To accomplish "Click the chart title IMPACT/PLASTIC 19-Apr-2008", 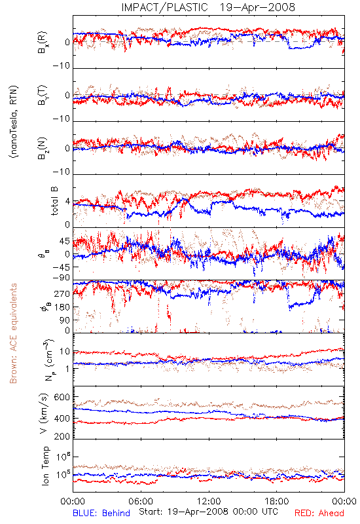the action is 208,7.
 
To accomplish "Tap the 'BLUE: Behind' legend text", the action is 101,513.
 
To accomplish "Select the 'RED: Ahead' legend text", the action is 319,513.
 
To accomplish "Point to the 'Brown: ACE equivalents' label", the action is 13,333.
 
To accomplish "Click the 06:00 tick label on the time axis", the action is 141,501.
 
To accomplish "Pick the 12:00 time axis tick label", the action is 209,501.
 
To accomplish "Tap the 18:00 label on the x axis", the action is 277,501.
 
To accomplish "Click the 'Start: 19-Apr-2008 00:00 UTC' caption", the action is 208,512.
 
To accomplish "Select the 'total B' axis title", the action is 54,201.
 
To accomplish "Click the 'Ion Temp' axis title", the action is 45,466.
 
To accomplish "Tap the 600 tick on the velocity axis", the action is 62,397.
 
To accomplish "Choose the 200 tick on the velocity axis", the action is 62,436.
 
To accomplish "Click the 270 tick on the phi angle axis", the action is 62,293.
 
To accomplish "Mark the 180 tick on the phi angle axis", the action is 62,307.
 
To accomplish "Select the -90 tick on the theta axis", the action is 62,278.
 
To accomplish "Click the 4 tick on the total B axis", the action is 68,202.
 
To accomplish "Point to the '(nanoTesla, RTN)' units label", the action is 14,122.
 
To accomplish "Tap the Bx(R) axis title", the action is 43,42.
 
